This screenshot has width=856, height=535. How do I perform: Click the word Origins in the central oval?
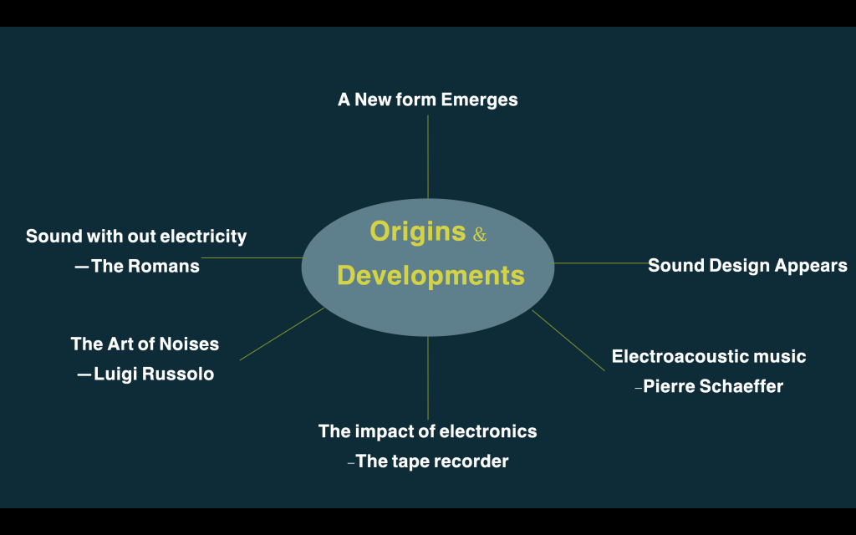(418, 232)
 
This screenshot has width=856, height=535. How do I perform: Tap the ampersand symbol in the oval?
(479, 235)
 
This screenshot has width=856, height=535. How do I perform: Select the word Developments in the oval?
(431, 275)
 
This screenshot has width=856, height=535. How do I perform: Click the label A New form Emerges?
(427, 100)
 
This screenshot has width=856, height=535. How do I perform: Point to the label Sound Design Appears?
(747, 266)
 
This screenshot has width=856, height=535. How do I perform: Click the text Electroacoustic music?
(709, 356)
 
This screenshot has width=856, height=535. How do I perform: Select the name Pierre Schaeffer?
(713, 386)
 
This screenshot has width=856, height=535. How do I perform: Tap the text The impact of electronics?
(427, 431)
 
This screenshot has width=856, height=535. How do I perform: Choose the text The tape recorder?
(432, 461)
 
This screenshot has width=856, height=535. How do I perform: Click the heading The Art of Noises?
(145, 344)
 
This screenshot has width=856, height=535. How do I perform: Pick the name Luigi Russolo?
(154, 374)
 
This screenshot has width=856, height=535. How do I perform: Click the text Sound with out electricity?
(136, 237)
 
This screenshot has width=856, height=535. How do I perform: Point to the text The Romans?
(145, 267)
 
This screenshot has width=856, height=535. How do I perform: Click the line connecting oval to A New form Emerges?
(428, 156)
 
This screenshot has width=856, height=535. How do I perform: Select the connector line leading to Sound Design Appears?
(602, 263)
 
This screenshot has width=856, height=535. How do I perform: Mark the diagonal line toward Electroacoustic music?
(568, 341)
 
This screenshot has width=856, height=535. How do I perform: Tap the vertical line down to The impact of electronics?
(428, 378)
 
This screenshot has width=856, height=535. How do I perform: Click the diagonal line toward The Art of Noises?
(282, 334)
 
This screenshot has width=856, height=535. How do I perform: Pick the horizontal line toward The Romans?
(252, 257)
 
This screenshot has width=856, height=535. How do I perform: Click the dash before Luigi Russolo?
(84, 374)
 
